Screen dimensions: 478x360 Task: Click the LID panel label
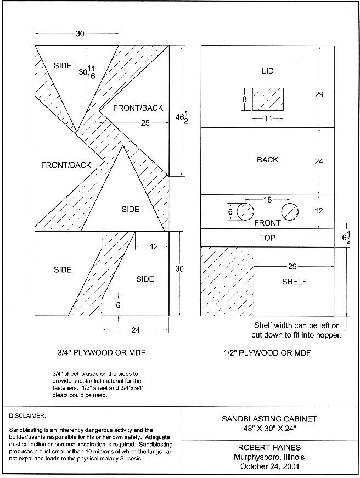268,71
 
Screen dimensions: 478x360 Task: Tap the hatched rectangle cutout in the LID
268,100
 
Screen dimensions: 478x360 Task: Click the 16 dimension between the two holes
267,200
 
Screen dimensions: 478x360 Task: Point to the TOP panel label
267,238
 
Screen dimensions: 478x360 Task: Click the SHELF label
294,282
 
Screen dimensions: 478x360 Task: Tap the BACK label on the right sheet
267,160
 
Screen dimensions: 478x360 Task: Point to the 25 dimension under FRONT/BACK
145,123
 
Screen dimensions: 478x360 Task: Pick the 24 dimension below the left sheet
135,330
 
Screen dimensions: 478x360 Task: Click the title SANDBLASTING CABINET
269,419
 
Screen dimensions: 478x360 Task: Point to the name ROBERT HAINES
269,448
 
